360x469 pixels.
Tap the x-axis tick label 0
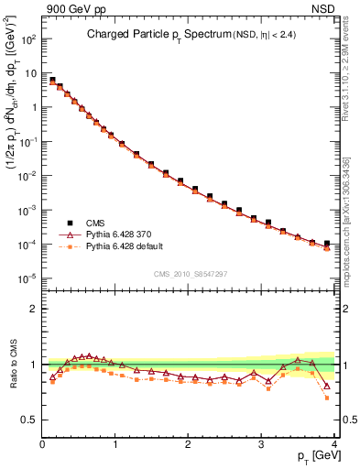42,444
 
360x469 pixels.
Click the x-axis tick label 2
188,444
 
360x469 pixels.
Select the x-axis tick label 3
261,444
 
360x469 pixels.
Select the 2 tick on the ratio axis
34,309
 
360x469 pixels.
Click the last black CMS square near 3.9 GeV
327,244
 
